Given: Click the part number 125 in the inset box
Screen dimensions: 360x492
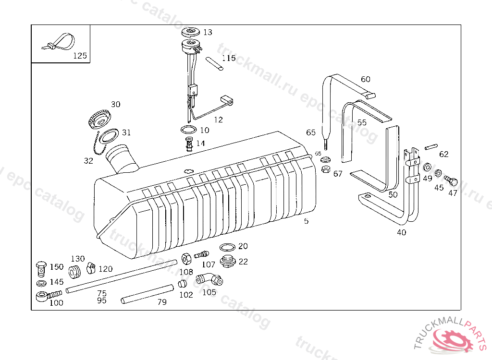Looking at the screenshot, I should tap(80, 56).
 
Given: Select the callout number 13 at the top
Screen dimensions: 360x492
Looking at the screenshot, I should tap(207, 32).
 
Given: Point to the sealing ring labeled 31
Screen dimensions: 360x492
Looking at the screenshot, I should tap(110, 136).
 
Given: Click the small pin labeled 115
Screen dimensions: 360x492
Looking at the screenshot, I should tap(215, 64).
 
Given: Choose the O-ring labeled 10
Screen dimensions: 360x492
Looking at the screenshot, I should tap(188, 130).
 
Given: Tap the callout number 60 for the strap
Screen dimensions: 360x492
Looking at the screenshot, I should tap(366, 79).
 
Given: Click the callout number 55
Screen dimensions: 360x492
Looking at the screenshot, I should tap(361, 123).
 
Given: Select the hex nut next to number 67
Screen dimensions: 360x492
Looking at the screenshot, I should tap(325, 169).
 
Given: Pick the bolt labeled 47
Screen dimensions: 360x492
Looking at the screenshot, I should tap(451, 181).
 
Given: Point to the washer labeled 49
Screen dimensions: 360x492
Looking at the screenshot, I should tap(426, 168).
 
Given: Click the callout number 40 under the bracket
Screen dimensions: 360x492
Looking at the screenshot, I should tap(401, 233).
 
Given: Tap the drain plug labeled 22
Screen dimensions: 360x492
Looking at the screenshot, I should tap(227, 262).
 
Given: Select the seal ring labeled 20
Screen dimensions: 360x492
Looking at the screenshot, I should tap(227, 248).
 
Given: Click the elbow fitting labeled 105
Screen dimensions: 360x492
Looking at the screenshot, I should tap(208, 278).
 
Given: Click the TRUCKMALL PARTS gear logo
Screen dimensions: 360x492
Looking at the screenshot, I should tap(453, 339).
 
